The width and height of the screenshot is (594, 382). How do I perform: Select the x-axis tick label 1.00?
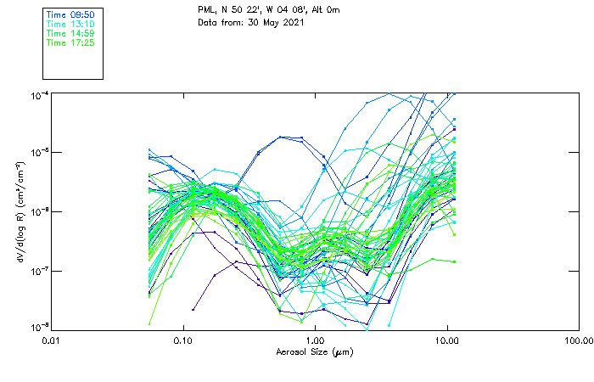pos(315,340)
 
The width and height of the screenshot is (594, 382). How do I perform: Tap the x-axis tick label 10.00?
pos(446,340)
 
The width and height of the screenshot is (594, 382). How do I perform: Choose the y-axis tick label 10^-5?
pos(38,153)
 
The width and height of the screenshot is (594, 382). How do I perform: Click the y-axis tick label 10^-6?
pos(38,212)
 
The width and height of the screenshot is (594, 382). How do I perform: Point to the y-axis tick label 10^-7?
pos(38,271)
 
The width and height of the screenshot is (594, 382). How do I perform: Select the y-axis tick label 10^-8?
pos(38,327)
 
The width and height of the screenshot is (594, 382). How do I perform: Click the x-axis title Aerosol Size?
pos(303,351)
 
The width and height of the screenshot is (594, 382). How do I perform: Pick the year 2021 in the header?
pos(291,22)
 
